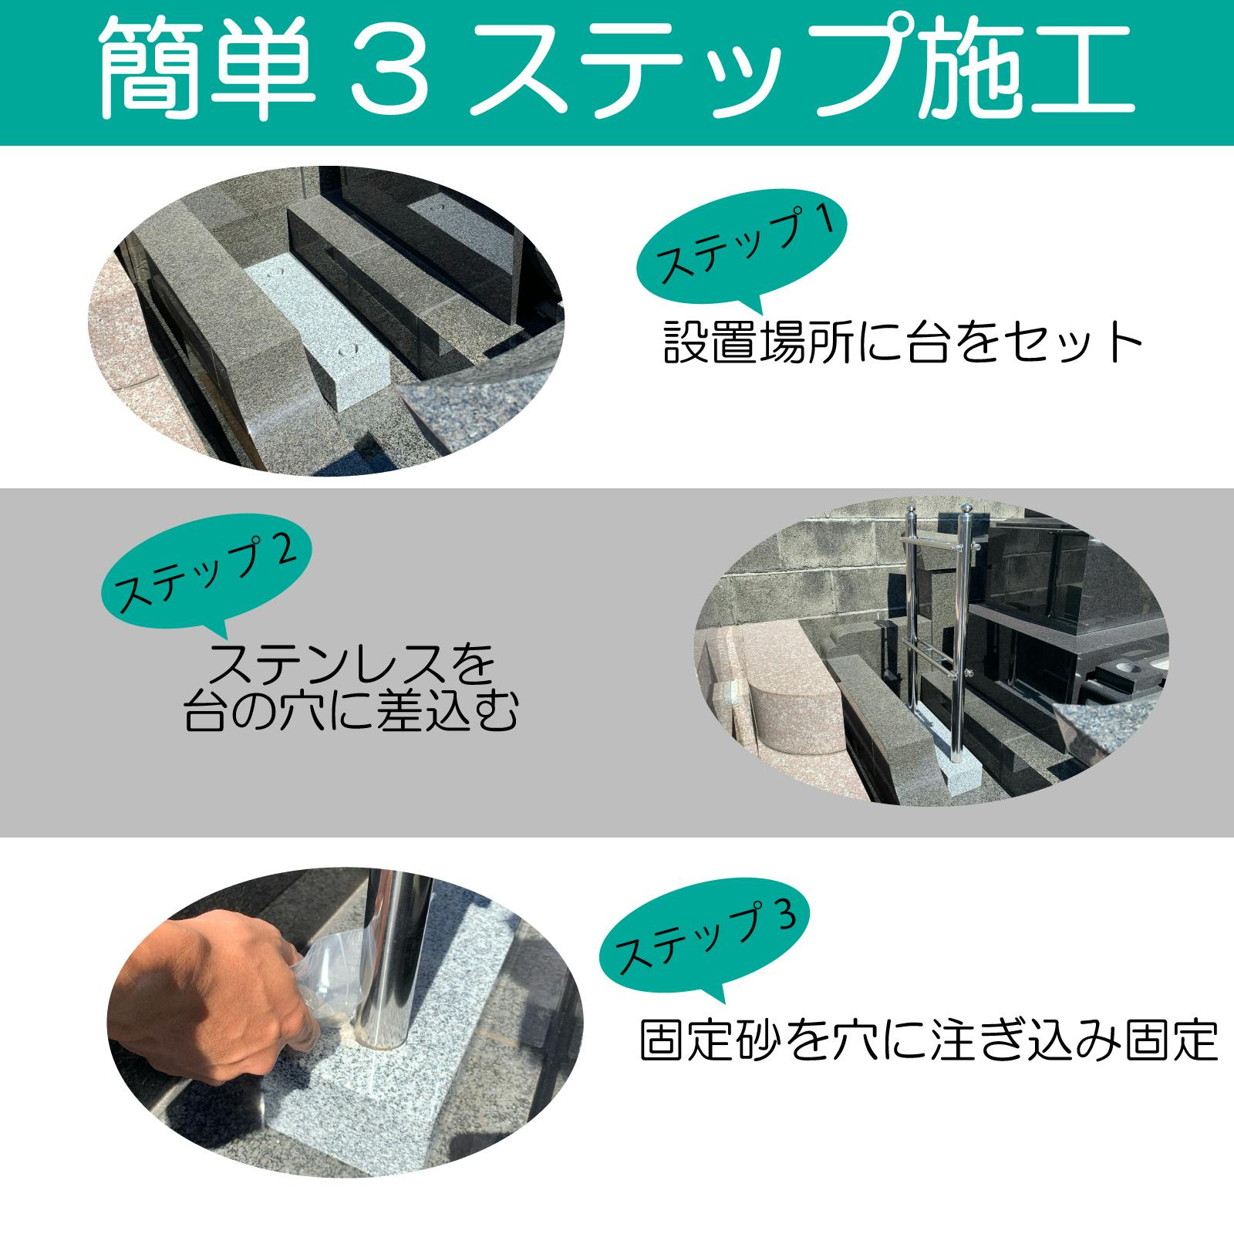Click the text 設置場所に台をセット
tap(902, 342)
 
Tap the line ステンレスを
tap(351, 665)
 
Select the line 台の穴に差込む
tap(351, 714)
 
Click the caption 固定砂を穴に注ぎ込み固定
tap(929, 1040)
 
